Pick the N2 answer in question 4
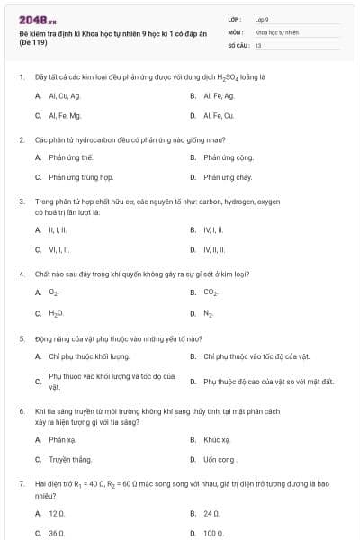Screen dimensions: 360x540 point(208,313)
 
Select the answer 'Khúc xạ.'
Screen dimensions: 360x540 point(217,439)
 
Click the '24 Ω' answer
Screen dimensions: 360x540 point(211,513)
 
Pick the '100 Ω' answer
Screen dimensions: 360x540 point(213,533)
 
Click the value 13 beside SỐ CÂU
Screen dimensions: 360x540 point(258,44)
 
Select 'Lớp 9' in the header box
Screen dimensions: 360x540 point(262,18)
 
